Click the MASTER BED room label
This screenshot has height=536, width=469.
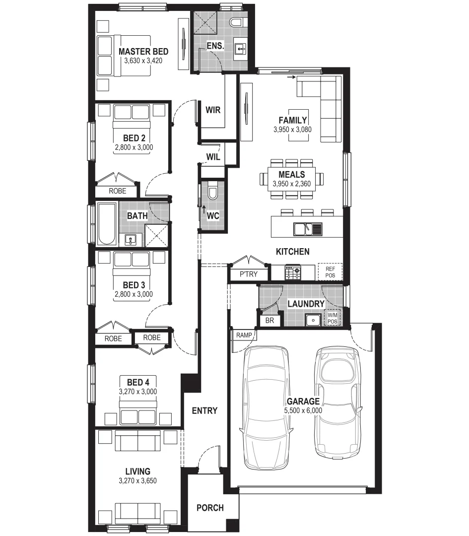coord(143,52)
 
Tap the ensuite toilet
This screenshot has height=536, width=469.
coord(236,22)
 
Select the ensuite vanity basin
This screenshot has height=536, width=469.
coord(240,48)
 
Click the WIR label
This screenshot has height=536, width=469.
coord(213,110)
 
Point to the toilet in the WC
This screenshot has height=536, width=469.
coord(212,192)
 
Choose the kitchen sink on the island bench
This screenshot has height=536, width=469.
coord(308,229)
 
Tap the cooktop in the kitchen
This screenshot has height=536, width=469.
coord(292,272)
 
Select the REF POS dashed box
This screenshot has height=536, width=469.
coord(330,271)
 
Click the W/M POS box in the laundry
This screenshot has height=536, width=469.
coord(331,318)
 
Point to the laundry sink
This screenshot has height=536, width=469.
coord(313,320)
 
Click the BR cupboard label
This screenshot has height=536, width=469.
coord(269,321)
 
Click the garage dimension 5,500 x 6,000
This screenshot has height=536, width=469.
coord(303,410)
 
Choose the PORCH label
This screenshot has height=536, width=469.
coord(210,508)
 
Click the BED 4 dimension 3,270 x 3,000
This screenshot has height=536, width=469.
coord(138,391)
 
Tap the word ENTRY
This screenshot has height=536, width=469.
coord(204,410)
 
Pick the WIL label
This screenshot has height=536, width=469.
coord(213,157)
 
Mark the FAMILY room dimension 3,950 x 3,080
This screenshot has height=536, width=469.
coord(292,129)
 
